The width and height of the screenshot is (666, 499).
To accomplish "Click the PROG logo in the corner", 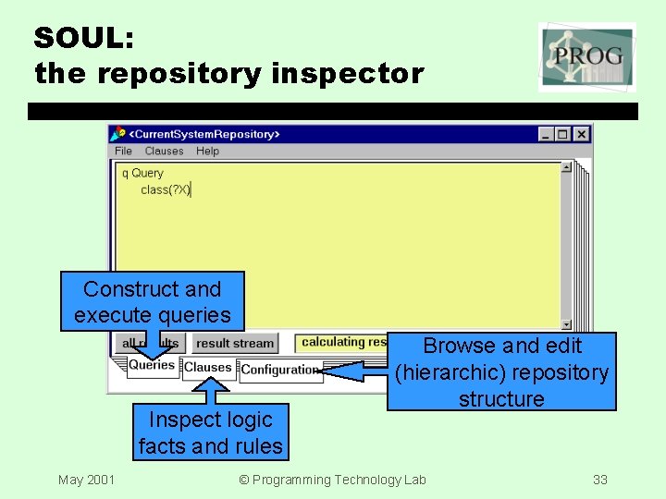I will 587,57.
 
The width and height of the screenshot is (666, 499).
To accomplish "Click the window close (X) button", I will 581,134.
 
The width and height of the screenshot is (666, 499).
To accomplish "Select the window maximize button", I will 563,134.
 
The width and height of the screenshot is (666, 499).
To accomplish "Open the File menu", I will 123,151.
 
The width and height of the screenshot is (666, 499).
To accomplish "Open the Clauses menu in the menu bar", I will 164,151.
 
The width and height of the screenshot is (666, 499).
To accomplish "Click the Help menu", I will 207,151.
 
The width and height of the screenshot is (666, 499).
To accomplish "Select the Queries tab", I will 152,365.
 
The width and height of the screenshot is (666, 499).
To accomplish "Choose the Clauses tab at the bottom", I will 207,368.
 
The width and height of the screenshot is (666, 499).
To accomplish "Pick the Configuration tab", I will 279,370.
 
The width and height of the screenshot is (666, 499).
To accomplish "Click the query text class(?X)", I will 165,189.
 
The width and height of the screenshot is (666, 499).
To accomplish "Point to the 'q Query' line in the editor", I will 142,173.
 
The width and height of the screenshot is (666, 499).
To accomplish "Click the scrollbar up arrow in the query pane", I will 566,167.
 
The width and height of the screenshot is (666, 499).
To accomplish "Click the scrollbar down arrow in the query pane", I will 566,324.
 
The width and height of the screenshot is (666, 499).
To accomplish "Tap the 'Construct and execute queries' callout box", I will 153,301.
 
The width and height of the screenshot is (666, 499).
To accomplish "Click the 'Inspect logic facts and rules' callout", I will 210,432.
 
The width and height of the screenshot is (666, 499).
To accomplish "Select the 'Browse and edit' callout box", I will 501,371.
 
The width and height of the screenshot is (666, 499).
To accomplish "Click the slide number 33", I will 600,479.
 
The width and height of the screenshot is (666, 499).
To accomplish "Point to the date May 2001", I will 86,479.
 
